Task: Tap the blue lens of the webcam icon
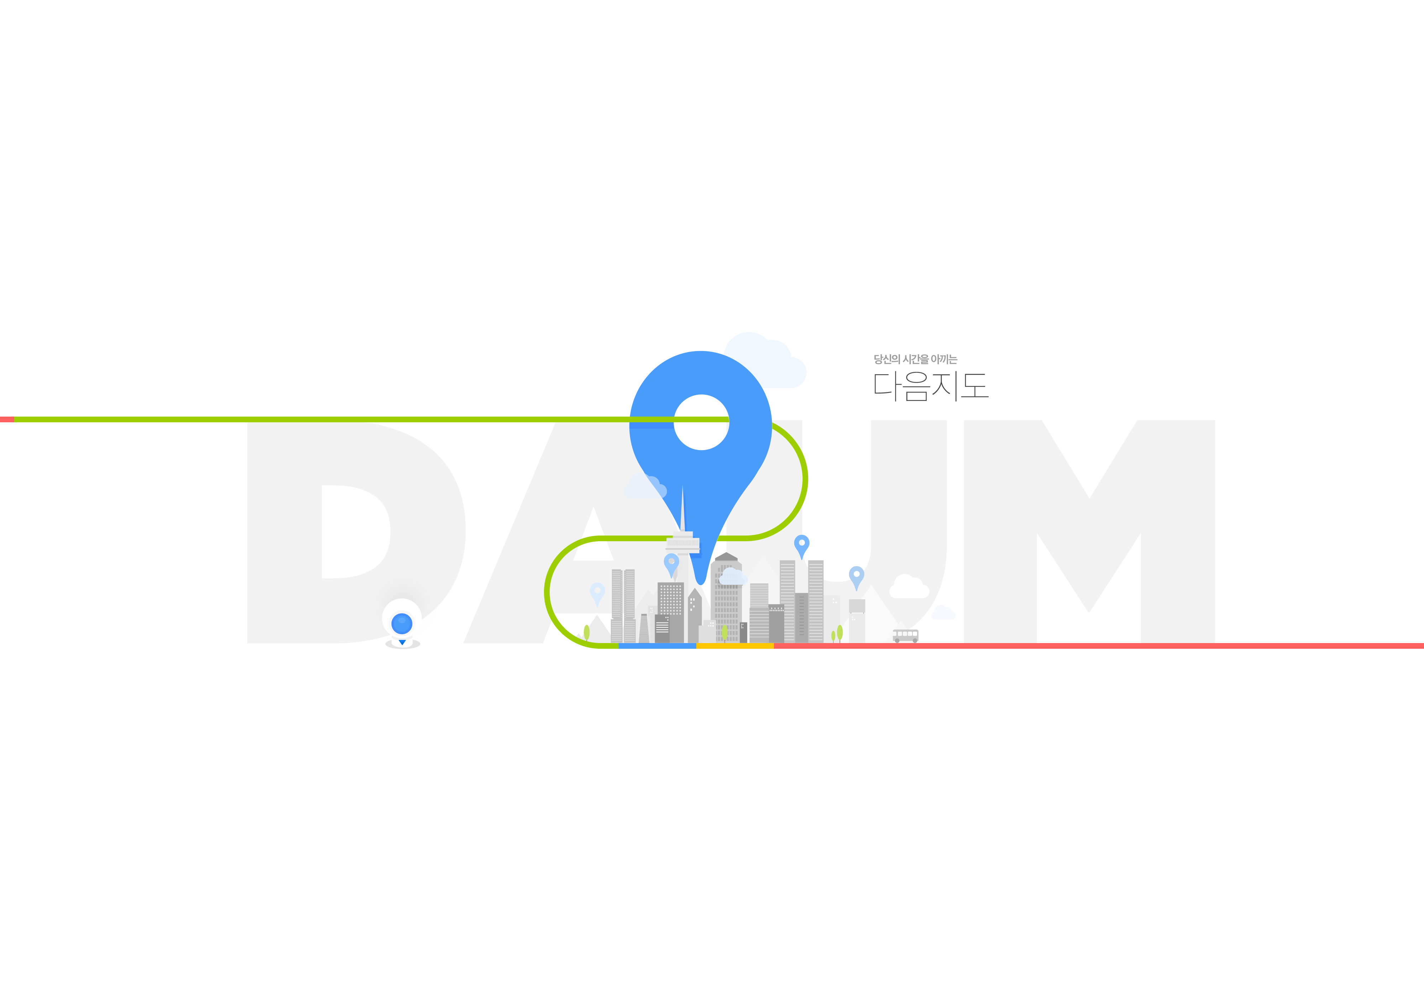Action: point(402,622)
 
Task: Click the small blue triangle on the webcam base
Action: point(402,642)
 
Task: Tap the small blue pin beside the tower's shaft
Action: point(671,563)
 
